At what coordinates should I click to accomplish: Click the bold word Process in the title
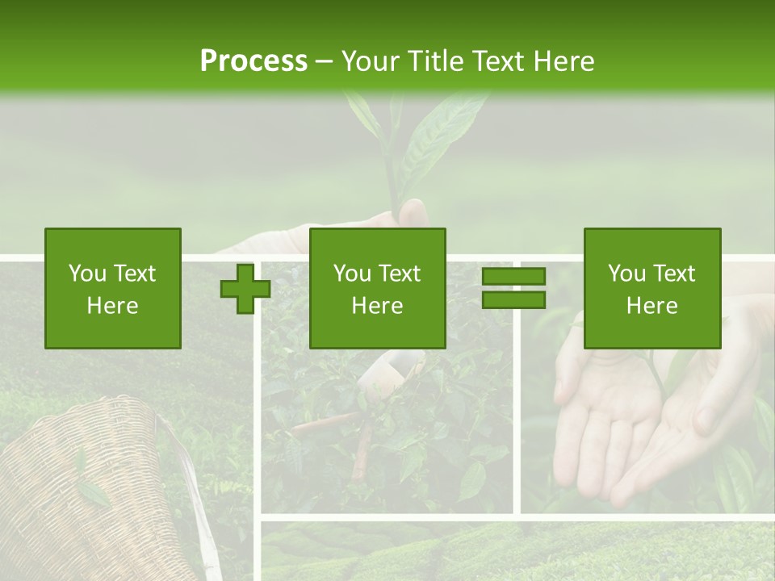point(253,61)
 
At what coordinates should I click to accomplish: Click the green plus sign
point(245,288)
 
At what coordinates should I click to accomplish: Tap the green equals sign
point(513,288)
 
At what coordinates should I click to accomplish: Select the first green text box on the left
point(112,288)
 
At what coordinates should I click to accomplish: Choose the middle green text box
point(377,288)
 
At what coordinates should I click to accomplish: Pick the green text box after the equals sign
point(651,288)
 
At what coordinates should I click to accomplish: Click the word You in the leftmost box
point(87,274)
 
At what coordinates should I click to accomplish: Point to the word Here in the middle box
point(377,306)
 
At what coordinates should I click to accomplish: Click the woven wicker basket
point(81,484)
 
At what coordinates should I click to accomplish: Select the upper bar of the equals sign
point(513,277)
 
